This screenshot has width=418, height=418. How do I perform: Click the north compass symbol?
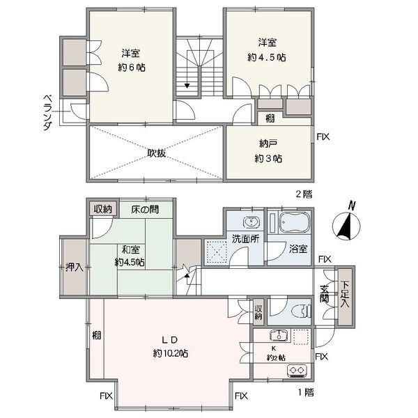point(346,226)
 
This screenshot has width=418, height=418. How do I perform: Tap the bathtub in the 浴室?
point(294,222)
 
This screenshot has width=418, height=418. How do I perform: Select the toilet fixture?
point(302,311)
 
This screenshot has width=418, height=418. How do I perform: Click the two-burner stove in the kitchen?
point(297,371)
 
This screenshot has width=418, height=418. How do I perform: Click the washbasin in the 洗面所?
point(251,222)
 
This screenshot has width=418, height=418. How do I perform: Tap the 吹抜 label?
point(157,153)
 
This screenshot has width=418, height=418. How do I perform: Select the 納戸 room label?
point(268,144)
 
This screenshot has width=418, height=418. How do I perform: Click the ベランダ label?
point(47,112)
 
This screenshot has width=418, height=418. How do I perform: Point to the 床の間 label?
point(145,210)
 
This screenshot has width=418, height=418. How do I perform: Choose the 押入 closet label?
point(75,267)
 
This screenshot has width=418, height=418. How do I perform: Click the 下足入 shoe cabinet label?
point(346,294)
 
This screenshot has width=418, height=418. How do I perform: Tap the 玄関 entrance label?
point(325,294)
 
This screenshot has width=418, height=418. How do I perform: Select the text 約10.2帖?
point(171,353)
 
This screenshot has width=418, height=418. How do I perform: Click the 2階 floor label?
point(304,194)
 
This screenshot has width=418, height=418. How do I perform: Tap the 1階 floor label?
point(306,392)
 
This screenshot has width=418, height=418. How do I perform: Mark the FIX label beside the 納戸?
point(323,137)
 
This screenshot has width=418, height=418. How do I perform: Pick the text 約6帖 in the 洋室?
point(132,68)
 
